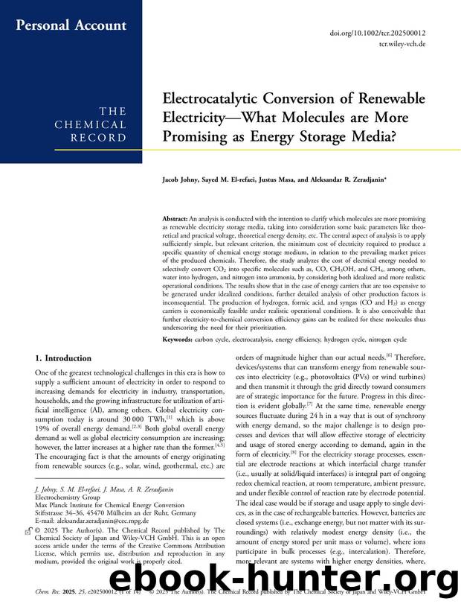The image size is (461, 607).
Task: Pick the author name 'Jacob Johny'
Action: click(180, 181)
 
